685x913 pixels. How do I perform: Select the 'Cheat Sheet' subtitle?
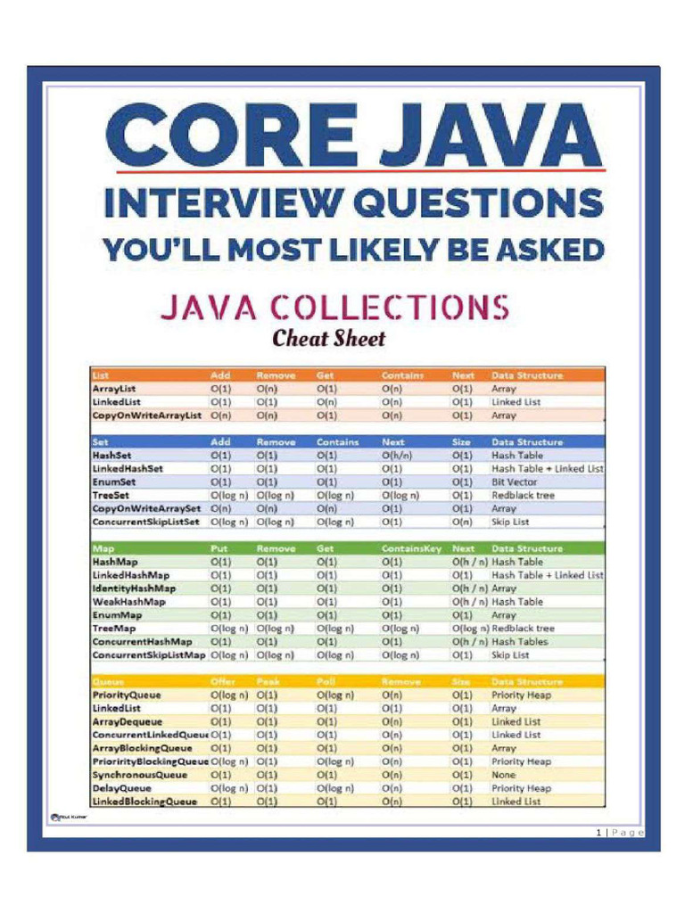328,339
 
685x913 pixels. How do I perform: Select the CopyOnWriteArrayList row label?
147,415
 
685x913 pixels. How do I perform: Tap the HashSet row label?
112,455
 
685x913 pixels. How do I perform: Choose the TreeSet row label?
111,495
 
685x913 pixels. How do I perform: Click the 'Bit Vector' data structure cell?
514,481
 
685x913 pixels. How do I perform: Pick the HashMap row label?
116,562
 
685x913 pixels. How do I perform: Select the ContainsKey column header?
412,548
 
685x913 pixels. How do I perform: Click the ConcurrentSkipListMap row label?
148,655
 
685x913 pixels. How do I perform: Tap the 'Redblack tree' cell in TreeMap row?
523,629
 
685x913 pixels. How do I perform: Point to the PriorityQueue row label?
127,695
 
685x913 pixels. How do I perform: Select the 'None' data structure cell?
504,775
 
